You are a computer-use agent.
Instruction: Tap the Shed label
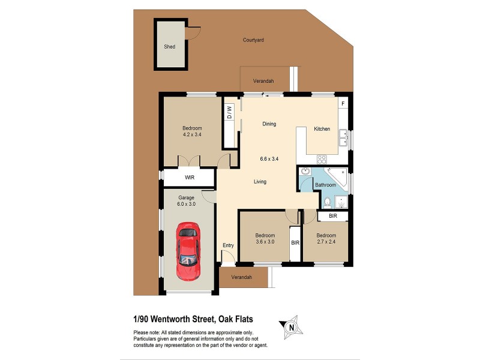(x=170, y=46)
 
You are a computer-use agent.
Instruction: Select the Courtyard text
(x=253, y=40)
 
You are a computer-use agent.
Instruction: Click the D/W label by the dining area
(x=229, y=112)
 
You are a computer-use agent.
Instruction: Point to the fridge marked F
(x=343, y=104)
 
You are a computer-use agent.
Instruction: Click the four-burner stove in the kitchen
(x=322, y=160)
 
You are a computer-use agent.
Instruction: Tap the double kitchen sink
(x=343, y=139)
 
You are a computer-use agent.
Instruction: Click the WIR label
(x=190, y=178)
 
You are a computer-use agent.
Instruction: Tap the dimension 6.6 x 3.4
(x=269, y=159)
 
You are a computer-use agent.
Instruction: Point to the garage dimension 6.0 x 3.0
(x=186, y=204)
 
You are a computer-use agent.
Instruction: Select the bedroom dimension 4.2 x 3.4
(x=192, y=135)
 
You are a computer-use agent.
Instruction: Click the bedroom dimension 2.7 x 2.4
(x=326, y=242)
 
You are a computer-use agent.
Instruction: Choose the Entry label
(x=228, y=245)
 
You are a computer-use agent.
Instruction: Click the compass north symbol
(x=291, y=327)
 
